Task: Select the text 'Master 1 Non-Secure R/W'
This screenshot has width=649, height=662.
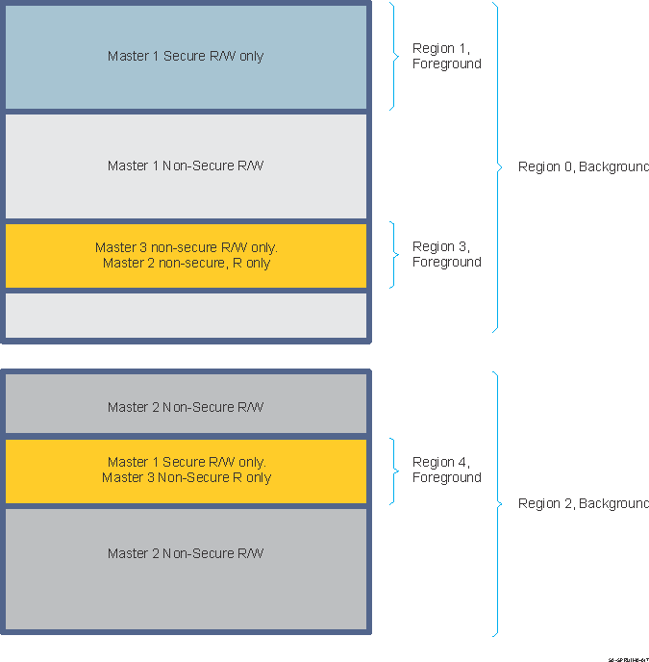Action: pyautogui.click(x=186, y=165)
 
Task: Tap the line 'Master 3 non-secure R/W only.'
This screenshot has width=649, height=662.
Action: pyautogui.click(x=186, y=247)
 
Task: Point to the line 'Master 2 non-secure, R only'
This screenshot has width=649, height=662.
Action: pyautogui.click(x=186, y=263)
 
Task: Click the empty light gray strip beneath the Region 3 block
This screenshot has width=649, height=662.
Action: pyautogui.click(x=186, y=315)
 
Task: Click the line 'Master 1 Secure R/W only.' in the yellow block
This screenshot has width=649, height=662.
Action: pyautogui.click(x=186, y=462)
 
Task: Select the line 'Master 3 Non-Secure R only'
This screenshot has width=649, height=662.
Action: pyautogui.click(x=186, y=477)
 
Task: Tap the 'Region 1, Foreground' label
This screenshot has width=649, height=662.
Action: pyautogui.click(x=446, y=56)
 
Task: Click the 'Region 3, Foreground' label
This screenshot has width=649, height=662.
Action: pyautogui.click(x=446, y=254)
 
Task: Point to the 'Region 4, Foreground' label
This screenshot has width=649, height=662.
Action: pyautogui.click(x=446, y=470)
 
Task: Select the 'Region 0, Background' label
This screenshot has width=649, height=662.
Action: pyautogui.click(x=583, y=166)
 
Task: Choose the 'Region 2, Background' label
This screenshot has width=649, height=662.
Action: pyautogui.click(x=583, y=503)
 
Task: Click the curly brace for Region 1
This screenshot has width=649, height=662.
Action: pyautogui.click(x=394, y=56)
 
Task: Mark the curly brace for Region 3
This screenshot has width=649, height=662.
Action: pyautogui.click(x=394, y=255)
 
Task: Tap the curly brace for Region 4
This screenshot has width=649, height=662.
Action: pyautogui.click(x=394, y=471)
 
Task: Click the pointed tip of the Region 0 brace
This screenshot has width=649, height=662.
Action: pyautogui.click(x=500, y=166)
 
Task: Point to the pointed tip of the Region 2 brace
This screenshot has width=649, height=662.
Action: pyautogui.click(x=500, y=503)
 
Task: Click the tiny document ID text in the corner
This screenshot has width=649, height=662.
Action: pyautogui.click(x=628, y=659)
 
